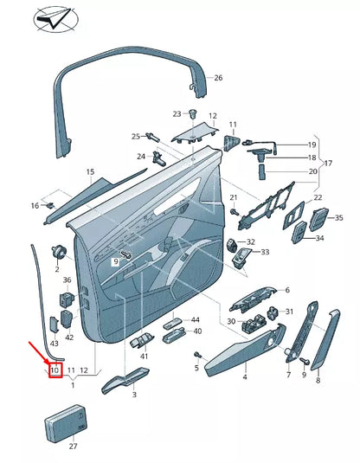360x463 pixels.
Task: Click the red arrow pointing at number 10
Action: point(39,350)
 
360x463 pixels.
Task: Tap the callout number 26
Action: point(218,78)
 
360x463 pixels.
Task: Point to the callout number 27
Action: point(73,447)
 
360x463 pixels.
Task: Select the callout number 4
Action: point(244,376)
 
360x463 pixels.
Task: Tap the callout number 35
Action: point(338,218)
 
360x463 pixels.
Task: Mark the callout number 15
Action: point(89,173)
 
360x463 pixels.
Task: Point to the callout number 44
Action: point(195,320)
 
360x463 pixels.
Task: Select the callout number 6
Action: point(287,290)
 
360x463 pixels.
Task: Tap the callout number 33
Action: point(265,252)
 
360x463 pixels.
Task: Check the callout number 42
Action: point(69,338)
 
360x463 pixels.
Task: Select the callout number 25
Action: point(136,136)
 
